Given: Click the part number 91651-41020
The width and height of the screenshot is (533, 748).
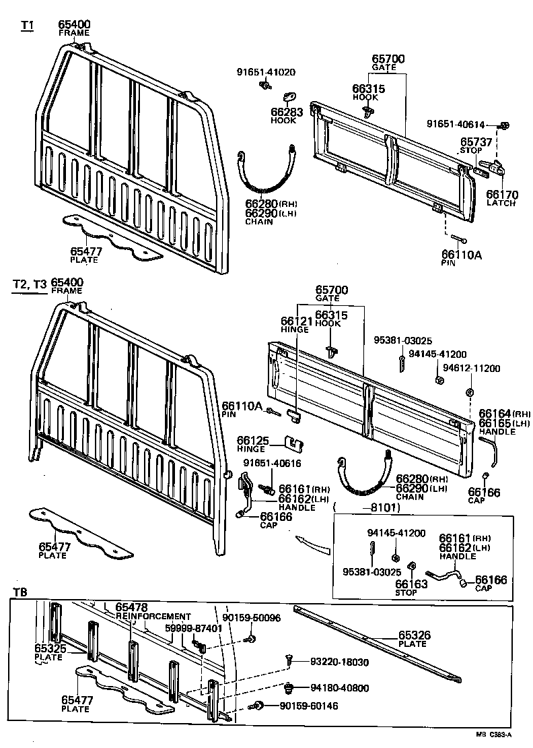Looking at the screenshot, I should click(265, 72).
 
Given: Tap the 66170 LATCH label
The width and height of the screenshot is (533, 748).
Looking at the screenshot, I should click(502, 198).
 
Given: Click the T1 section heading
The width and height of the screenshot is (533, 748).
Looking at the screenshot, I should click(27, 25).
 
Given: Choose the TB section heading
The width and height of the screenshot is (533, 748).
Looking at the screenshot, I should click(20, 592).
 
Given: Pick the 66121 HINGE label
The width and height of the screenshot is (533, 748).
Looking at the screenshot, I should click(294, 325).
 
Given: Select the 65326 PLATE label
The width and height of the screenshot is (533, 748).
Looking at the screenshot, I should click(413, 638).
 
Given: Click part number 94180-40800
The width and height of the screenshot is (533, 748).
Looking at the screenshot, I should click(339, 689).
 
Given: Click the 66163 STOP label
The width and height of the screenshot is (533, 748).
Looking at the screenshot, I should click(411, 588).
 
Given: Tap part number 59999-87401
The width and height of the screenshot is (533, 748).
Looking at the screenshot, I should click(193, 628).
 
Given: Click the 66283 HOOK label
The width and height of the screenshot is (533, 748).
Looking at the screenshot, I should click(284, 115).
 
